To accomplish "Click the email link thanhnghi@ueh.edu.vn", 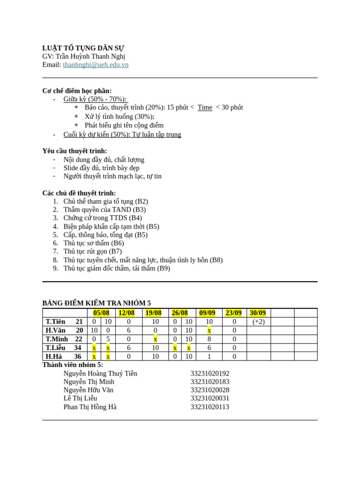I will tap(96, 65).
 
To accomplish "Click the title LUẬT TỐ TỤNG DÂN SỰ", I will tap(83, 48).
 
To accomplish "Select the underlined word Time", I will tap(205, 107).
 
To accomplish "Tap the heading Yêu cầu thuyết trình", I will tap(75, 151).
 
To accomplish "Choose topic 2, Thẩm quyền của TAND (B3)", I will tap(105, 210).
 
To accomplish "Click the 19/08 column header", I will tap(153, 313).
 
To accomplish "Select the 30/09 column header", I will tap(258, 313).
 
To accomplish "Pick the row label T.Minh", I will tap(57, 339).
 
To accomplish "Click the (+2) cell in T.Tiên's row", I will tap(258, 322).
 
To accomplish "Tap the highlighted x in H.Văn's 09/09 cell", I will tap(209, 330).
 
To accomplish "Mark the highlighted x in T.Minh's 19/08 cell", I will tap(156, 339).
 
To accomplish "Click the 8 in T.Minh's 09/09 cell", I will tap(209, 339).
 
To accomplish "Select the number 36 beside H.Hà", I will tap(78, 356).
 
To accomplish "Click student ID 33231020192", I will tap(210, 374).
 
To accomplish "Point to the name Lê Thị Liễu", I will tap(80, 398).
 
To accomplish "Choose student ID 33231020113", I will tap(210, 407).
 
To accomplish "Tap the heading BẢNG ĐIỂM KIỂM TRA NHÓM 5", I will tap(97, 303).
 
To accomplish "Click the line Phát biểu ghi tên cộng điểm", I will tap(124, 125).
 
